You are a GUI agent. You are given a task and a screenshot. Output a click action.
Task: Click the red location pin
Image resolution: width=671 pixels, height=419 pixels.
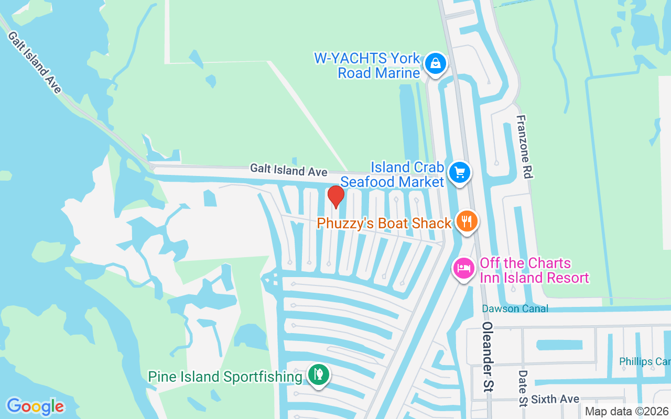pos(335,196)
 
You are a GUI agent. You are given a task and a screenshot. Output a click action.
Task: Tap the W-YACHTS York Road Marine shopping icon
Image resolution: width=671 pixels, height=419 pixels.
pos(435,64)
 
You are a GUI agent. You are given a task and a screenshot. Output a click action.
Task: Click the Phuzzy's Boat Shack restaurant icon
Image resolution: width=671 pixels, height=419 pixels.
pos(466,221)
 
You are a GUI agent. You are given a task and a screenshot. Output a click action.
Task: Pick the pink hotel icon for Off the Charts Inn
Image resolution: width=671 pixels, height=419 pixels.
pos(463,268)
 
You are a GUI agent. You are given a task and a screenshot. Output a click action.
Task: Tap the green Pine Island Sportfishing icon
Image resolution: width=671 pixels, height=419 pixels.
pos(318,374)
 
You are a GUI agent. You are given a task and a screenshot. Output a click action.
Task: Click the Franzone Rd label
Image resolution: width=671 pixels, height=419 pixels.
pos(524,147)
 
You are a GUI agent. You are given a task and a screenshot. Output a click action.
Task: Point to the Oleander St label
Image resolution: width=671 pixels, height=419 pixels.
pos(489,357)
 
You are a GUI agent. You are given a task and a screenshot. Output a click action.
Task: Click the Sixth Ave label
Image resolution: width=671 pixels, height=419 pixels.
pos(555,400)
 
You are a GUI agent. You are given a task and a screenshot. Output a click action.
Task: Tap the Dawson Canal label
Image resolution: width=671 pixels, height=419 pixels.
pos(515,308)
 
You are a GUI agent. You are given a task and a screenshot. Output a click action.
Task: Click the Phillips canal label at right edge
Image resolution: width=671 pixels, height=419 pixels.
pos(644,361)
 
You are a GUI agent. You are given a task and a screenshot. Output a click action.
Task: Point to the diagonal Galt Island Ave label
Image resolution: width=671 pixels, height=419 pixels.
pos(35,62)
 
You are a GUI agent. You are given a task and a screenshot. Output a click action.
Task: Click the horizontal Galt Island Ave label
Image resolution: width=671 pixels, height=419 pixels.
pos(288,170)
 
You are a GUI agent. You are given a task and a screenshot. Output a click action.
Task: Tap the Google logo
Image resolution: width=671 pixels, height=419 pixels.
pos(35,406)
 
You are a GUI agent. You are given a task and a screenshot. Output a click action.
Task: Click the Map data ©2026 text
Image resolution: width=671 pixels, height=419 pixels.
pos(626,412)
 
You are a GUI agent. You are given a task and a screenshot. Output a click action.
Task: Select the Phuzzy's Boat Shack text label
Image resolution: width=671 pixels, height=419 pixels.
pos(384,223)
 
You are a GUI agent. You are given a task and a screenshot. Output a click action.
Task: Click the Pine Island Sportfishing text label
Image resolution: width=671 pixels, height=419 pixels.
pos(225,377)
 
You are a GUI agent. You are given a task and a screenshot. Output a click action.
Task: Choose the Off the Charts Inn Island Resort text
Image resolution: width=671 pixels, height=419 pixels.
pos(534,270)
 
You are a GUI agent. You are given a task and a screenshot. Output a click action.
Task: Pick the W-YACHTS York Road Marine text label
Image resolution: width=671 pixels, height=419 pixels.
pos(367,65)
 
